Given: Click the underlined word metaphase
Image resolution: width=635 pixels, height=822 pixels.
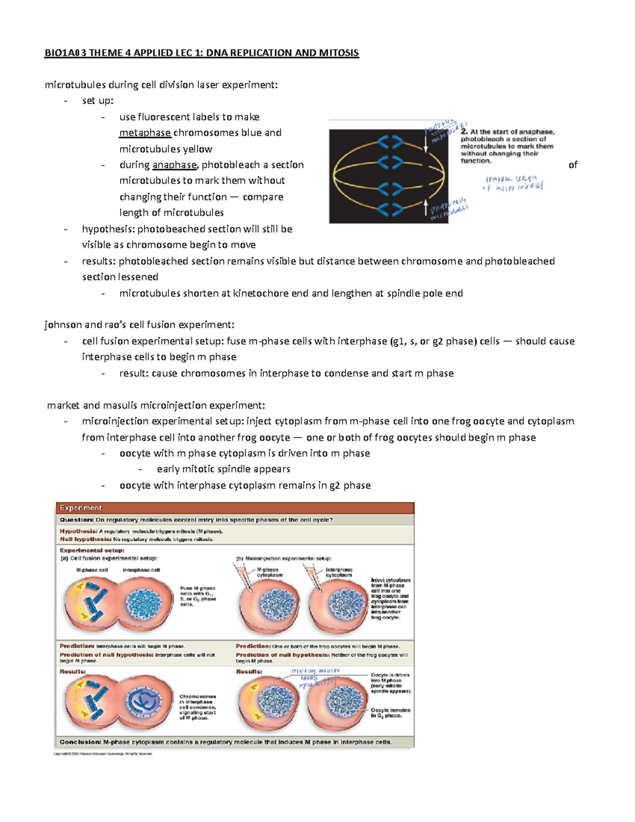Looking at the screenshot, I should coord(145,133).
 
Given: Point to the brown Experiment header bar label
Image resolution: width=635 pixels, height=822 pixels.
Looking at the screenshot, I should coord(80,508).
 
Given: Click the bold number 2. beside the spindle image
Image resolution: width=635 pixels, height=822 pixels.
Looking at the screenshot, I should coord(464,132).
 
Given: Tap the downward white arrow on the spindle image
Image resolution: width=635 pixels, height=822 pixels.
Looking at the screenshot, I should coord(426,141).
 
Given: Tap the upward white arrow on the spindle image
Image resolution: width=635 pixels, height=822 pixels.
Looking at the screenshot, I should coord(426,207).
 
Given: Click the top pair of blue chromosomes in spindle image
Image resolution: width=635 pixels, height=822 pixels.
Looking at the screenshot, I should coord(390,142).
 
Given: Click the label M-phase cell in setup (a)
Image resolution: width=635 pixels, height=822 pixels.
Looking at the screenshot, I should coord(92,570).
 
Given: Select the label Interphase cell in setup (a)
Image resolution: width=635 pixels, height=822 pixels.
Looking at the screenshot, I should coord(141,570).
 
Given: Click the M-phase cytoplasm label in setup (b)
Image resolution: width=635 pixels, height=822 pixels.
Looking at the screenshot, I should coord(269,572).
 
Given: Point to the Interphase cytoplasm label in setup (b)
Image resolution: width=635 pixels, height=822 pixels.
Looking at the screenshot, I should coord(339,572).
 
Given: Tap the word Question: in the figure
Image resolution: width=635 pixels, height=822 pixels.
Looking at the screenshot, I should coord(76,520).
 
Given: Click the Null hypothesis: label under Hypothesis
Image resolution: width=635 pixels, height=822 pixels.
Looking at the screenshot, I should coord(86,539).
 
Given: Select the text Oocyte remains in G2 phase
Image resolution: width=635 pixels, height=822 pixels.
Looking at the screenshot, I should coord(390,713).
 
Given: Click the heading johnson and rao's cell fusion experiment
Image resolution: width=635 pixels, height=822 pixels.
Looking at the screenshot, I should coord(139,325).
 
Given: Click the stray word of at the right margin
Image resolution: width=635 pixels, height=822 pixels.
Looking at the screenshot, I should coord(573,165).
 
